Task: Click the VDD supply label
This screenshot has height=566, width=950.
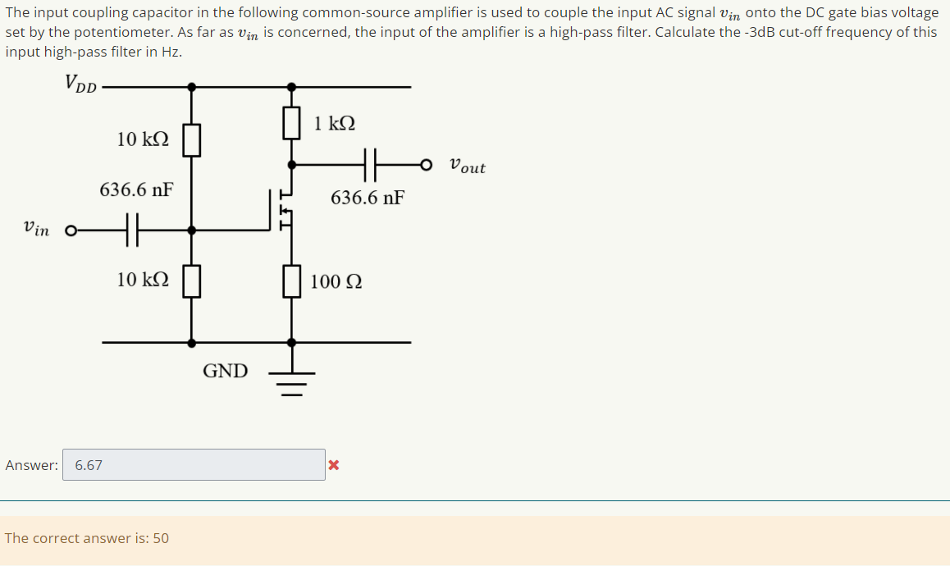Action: click(x=80, y=84)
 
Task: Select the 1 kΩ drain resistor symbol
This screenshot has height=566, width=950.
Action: click(x=291, y=123)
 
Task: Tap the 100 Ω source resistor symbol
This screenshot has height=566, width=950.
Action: click(x=291, y=281)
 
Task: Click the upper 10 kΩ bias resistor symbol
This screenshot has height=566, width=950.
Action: click(x=191, y=139)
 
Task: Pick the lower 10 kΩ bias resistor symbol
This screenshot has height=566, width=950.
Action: click(x=191, y=281)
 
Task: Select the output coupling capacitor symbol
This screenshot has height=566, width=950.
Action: click(x=370, y=164)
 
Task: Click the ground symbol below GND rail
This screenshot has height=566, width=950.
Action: click(x=291, y=381)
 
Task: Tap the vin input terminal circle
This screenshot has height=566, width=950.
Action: click(x=71, y=231)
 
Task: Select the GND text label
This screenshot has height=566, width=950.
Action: click(x=225, y=371)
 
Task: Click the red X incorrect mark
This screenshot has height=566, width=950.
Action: click(x=333, y=466)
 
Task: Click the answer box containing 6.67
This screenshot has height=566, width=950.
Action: click(x=194, y=465)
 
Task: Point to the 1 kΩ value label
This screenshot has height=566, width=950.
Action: click(x=335, y=124)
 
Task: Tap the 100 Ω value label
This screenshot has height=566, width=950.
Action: click(x=336, y=282)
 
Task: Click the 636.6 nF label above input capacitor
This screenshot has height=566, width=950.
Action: click(x=136, y=190)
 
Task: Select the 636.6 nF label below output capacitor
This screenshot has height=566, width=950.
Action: click(x=368, y=198)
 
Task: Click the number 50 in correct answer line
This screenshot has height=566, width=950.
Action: click(x=161, y=538)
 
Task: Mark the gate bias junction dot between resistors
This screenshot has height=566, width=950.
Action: click(x=191, y=231)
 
